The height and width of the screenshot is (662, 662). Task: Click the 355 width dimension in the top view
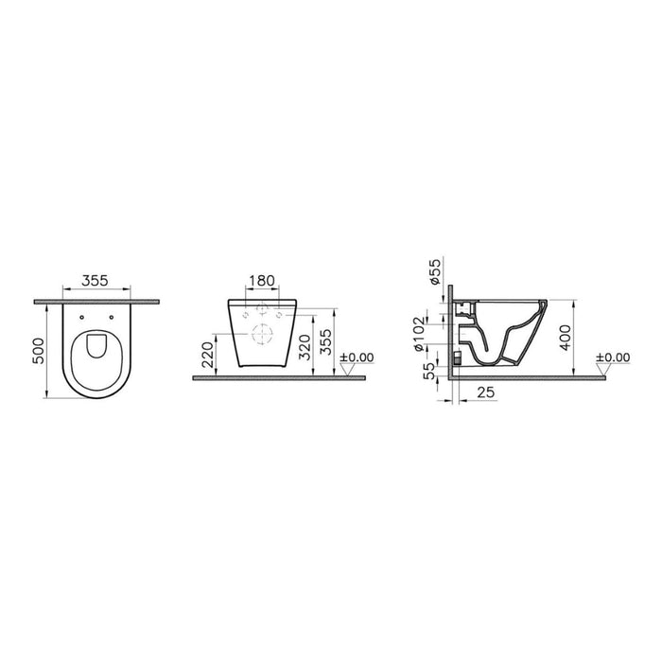[93, 280]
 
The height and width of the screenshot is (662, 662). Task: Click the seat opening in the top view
[98, 351]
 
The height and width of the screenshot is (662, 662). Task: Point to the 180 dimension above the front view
[260, 280]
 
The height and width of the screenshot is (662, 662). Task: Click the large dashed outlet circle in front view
[261, 333]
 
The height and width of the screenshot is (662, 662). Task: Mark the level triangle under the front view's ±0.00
[349, 371]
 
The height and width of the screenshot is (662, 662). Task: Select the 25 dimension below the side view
[484, 391]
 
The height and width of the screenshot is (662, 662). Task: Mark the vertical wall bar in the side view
[453, 331]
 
